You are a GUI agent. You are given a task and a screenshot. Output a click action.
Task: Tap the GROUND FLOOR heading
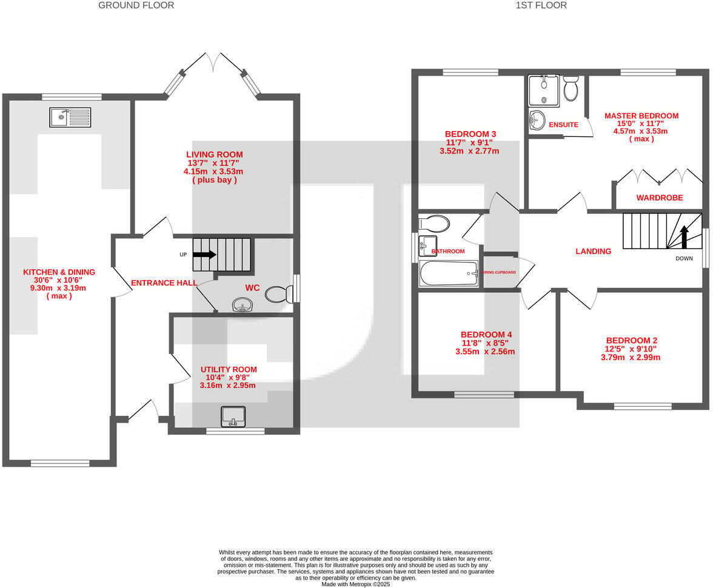point(136,5)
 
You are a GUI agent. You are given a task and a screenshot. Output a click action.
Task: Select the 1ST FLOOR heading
point(541,5)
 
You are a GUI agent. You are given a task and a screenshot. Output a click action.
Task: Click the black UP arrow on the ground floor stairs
point(204,255)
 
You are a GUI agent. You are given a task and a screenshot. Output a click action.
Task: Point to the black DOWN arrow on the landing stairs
point(684,237)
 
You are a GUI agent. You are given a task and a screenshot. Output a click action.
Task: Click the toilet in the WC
point(280,295)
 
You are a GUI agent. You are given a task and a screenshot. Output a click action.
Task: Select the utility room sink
point(234,416)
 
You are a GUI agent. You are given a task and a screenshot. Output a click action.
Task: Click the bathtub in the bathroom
point(449,273)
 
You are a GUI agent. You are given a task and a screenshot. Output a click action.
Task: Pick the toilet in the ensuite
point(571,89)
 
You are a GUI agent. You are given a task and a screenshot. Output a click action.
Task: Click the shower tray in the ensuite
point(543,90)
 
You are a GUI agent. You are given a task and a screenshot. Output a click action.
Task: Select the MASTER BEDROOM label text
point(641,116)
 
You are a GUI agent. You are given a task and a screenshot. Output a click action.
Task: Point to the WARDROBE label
point(659,198)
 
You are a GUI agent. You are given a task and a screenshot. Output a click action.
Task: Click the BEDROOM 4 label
point(486,335)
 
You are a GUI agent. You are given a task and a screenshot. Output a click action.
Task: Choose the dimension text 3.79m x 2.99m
point(630,358)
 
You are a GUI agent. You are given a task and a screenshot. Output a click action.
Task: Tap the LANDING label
point(593,251)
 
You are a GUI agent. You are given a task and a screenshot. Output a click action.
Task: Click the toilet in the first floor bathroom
point(434,223)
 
